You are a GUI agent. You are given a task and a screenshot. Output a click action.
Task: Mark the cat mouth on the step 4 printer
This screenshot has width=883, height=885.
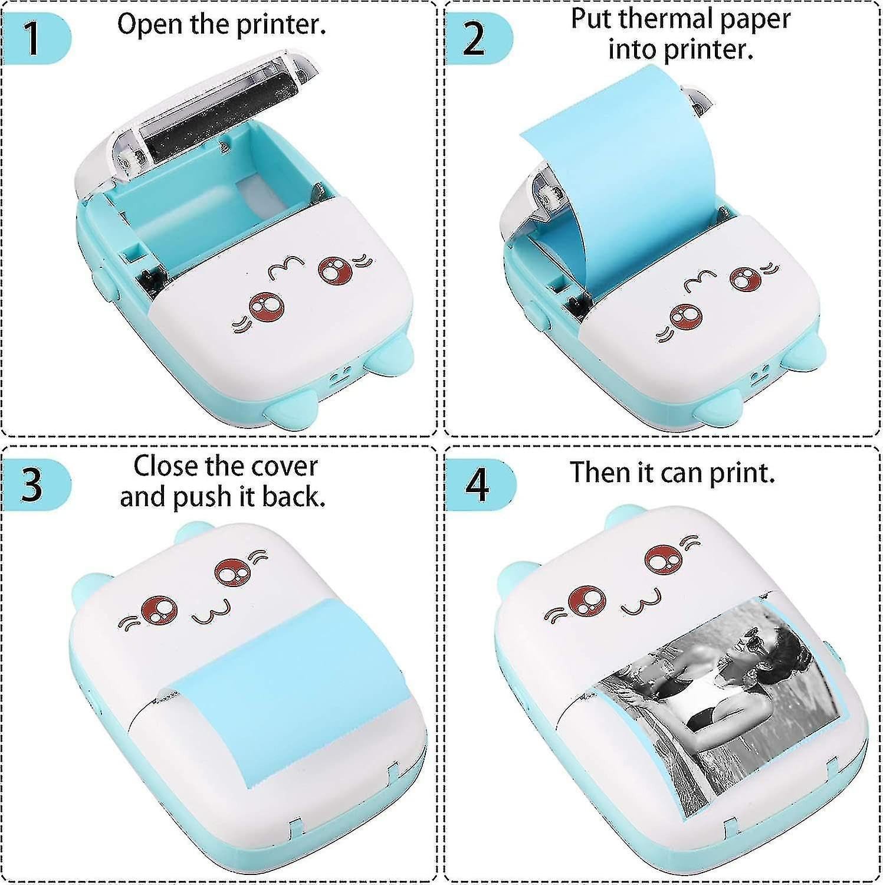[636, 605]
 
